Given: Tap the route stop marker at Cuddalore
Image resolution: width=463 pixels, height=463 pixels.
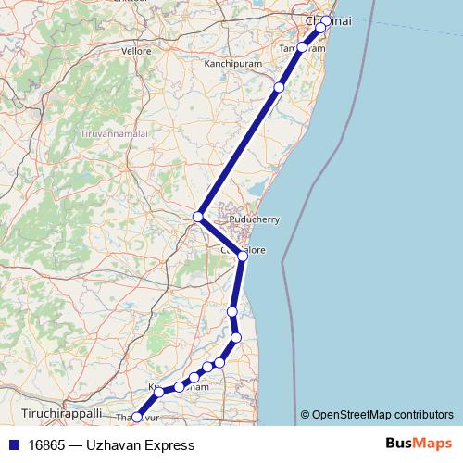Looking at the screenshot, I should [x=241, y=255].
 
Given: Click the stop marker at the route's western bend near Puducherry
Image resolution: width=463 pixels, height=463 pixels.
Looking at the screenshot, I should [x=197, y=217].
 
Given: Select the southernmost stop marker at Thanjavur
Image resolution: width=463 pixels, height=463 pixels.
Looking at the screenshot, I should [x=137, y=418].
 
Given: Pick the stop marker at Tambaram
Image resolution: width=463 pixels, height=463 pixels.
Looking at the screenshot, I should [x=302, y=46].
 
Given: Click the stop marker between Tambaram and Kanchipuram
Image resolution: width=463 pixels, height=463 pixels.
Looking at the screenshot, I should [x=279, y=87].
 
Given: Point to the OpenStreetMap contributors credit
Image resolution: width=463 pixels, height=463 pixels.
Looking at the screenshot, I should [x=378, y=415].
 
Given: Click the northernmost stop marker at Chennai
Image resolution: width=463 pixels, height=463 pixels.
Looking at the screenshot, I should [x=326, y=20].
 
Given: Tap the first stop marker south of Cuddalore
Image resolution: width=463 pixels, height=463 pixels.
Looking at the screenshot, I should [x=232, y=311].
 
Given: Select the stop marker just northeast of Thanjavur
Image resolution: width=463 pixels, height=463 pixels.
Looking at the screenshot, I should [x=159, y=393].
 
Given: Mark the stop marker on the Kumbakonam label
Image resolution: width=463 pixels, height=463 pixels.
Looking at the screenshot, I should [x=179, y=387].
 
